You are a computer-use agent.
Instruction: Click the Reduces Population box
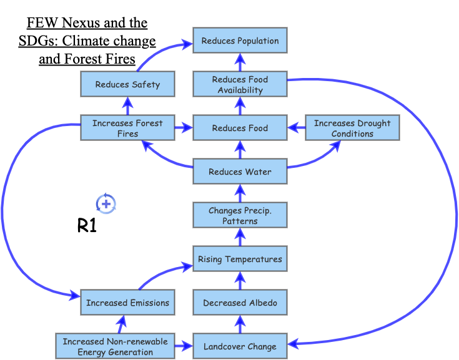click(x=240, y=41)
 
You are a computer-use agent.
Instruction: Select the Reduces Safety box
click(x=127, y=84)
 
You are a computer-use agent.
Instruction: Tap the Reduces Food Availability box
click(x=240, y=84)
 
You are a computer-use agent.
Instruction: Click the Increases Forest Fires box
click(x=127, y=128)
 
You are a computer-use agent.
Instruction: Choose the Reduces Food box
click(x=240, y=128)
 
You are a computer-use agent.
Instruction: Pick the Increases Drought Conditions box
click(x=352, y=128)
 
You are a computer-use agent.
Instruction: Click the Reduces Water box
click(x=240, y=172)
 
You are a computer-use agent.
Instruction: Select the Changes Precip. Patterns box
click(x=240, y=216)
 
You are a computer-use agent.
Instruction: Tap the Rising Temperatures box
click(x=240, y=259)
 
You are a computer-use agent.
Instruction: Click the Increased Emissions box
click(x=127, y=303)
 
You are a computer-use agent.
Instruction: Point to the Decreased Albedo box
click(x=240, y=303)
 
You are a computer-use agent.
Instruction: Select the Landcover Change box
click(x=240, y=346)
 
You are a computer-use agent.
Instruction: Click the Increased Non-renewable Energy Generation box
click(x=115, y=346)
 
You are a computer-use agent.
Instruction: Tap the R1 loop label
click(x=87, y=226)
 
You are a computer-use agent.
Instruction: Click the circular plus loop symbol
click(x=106, y=203)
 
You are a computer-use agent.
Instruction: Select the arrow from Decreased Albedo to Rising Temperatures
click(x=240, y=281)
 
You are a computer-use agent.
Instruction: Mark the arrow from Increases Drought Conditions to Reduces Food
click(x=296, y=128)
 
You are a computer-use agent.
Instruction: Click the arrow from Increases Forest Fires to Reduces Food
click(x=184, y=128)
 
